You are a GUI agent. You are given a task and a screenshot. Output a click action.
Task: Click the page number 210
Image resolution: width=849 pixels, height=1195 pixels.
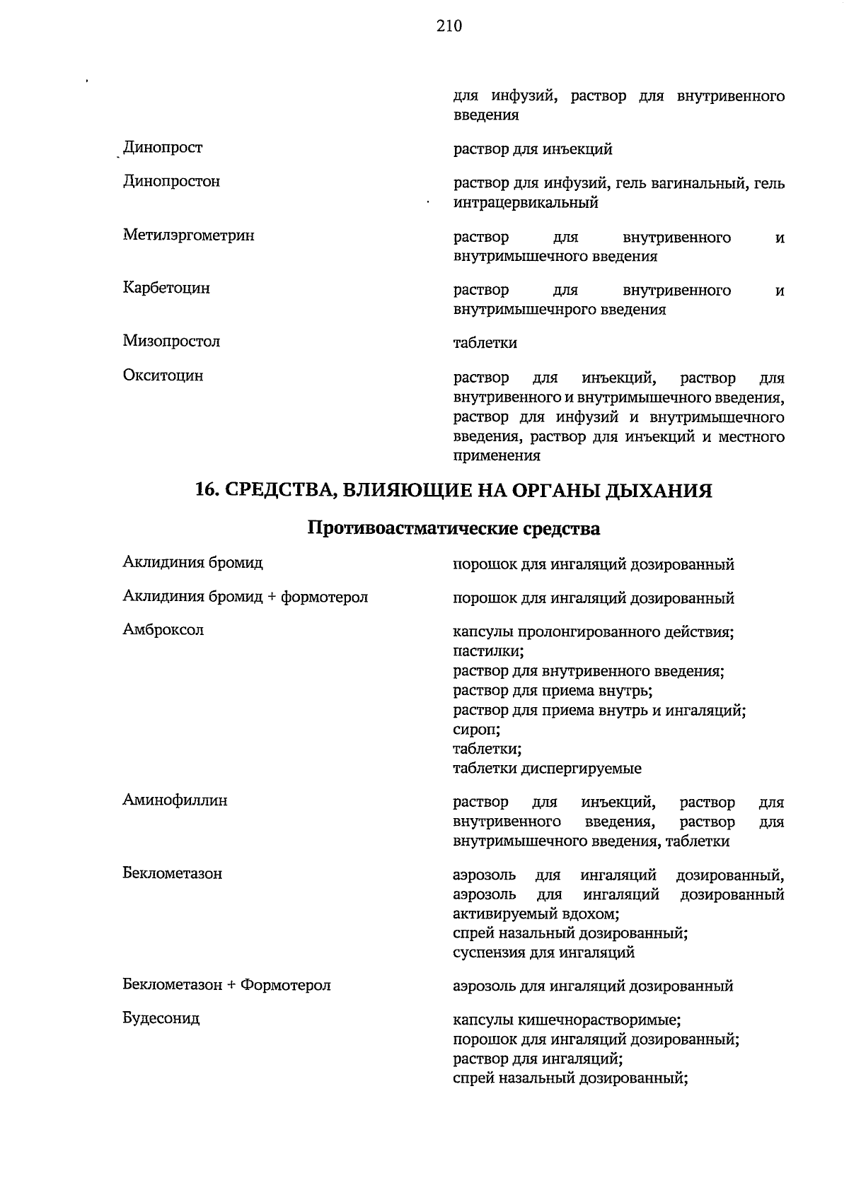(x=449, y=26)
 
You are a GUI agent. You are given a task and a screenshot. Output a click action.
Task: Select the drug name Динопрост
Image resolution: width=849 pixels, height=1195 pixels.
(x=163, y=148)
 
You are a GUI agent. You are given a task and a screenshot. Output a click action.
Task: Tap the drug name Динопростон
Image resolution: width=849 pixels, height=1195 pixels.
(x=171, y=182)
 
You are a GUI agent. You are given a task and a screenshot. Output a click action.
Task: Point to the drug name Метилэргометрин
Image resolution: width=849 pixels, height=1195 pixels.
(x=188, y=235)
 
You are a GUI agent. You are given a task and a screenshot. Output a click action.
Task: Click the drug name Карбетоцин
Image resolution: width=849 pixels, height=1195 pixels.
(x=166, y=288)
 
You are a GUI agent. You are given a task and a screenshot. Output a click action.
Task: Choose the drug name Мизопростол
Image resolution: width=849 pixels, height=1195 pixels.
(x=171, y=342)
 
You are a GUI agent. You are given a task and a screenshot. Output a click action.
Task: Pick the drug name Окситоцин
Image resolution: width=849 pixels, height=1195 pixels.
(x=163, y=375)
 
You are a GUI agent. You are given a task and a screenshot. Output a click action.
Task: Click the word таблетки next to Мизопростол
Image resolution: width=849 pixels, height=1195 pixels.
(x=485, y=344)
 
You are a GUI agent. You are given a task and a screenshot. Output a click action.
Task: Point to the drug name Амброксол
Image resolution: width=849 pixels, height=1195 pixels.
(x=163, y=630)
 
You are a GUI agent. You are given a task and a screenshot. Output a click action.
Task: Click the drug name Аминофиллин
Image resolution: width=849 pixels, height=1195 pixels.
(x=175, y=801)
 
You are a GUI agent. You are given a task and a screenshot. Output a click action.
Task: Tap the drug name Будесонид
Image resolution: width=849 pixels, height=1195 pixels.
(x=161, y=1019)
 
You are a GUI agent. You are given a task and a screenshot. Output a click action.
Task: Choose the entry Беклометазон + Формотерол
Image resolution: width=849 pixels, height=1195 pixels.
(x=226, y=985)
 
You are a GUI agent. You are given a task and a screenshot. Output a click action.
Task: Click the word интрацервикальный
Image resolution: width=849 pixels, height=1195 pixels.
(x=525, y=203)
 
